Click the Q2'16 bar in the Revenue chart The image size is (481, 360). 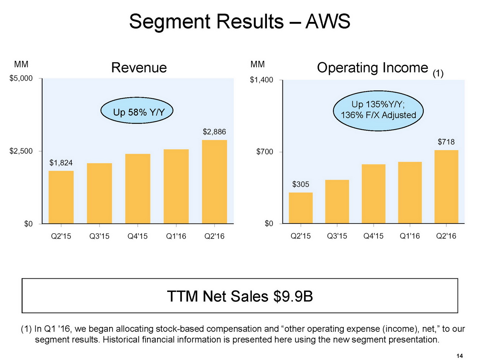pyautogui.click(x=214, y=182)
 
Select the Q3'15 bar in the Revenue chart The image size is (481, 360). pyautogui.click(x=99, y=193)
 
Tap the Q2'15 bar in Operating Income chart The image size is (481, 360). pyautogui.click(x=300, y=208)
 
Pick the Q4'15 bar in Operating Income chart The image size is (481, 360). pyautogui.click(x=373, y=194)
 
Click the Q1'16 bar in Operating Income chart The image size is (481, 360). pyautogui.click(x=410, y=193)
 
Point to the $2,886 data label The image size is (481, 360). pyautogui.click(x=214, y=132)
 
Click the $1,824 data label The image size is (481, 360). pyautogui.click(x=61, y=163)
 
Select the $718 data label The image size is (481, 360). pyautogui.click(x=446, y=142)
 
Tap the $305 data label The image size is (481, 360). pyautogui.click(x=300, y=185)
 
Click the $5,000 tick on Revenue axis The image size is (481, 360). pyautogui.click(x=21, y=78)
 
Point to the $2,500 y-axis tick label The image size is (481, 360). pyautogui.click(x=21, y=151)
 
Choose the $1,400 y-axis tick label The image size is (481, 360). pyautogui.click(x=262, y=80)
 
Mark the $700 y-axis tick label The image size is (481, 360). pyautogui.click(x=264, y=152)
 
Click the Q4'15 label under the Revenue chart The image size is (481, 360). pyautogui.click(x=138, y=237)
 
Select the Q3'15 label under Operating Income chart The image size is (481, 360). pyautogui.click(x=337, y=236)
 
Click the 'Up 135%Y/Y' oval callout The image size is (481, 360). pyautogui.click(x=378, y=110)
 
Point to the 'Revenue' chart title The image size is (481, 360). pyautogui.click(x=139, y=68)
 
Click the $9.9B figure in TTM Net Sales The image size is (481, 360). pyautogui.click(x=293, y=297)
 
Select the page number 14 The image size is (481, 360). pyautogui.click(x=459, y=356)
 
